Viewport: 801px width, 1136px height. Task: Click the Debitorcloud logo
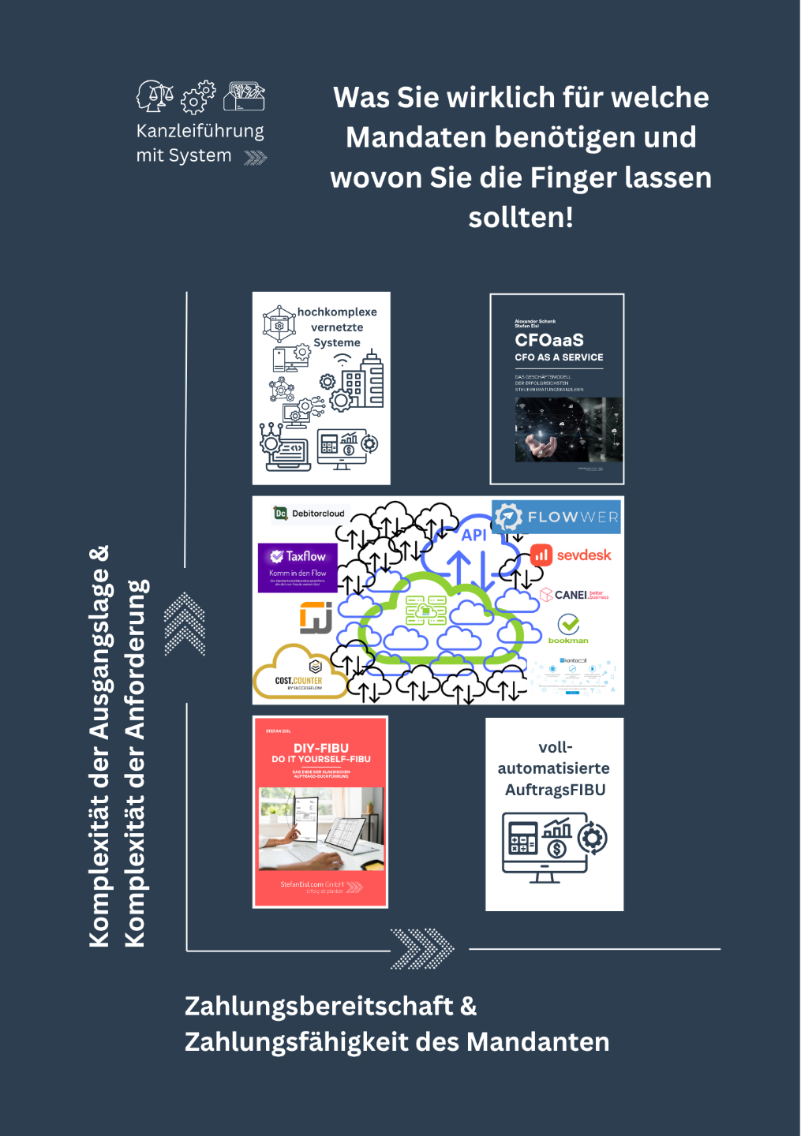[309, 514]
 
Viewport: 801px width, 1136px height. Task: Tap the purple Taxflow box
[298, 566]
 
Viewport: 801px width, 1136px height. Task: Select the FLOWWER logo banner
[557, 517]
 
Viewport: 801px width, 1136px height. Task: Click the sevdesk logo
[571, 555]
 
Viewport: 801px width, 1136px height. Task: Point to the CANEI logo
[574, 595]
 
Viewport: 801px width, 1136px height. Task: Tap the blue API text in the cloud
[473, 535]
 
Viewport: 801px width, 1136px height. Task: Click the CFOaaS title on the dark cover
[549, 340]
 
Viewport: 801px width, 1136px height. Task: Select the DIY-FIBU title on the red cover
[321, 748]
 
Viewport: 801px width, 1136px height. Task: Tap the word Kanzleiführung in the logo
[200, 131]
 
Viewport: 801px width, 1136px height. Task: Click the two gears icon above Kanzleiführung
[199, 96]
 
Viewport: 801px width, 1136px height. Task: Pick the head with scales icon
[155, 95]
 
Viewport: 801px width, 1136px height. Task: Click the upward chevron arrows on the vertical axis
[185, 623]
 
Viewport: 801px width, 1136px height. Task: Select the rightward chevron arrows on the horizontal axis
[423, 948]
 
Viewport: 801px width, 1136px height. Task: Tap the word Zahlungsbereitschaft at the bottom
[319, 1006]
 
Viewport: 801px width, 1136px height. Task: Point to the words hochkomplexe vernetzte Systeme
[337, 327]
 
